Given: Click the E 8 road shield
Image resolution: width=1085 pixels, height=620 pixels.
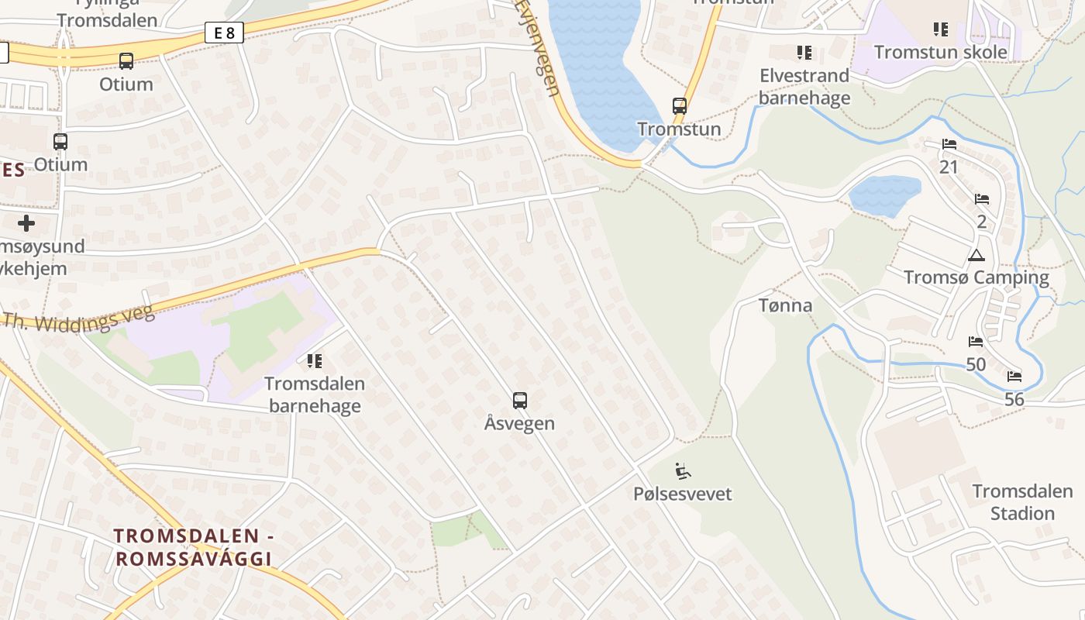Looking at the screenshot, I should tap(225, 33).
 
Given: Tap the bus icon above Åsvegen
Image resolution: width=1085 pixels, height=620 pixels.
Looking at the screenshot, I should tap(520, 401).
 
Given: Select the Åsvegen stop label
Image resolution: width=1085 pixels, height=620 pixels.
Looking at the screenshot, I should tap(520, 423).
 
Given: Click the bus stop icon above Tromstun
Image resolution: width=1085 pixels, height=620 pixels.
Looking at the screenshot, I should tap(680, 106).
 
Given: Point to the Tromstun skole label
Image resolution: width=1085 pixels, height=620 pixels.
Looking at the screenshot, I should tap(941, 52).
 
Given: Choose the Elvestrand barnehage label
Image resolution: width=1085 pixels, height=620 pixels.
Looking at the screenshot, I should tap(804, 86).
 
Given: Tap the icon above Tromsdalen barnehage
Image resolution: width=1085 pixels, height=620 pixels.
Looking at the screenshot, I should tap(314, 360).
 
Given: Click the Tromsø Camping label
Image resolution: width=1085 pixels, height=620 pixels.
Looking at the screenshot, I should tap(976, 277).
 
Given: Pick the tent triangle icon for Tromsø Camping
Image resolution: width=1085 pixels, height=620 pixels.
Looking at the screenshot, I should tap(976, 256).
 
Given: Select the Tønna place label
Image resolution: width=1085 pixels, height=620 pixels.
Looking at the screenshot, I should tap(786, 305).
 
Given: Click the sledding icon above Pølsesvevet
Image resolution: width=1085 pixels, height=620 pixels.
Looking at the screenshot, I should tap(683, 470).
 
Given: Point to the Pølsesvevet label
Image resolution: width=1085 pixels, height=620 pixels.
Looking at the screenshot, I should tap(683, 494).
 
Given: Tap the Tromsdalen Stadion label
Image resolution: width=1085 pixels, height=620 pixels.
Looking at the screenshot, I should tap(1022, 502).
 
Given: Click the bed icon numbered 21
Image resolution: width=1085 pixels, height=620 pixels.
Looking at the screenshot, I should tap(949, 144).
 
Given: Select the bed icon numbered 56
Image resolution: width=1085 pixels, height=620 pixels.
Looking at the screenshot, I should tap(1014, 377).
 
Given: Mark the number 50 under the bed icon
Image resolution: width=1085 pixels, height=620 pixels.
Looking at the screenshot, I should tap(976, 364).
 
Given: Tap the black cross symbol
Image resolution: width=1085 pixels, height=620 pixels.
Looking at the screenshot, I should tap(26, 224).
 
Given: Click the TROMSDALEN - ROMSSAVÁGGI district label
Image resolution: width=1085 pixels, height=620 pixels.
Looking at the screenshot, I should tap(192, 546).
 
